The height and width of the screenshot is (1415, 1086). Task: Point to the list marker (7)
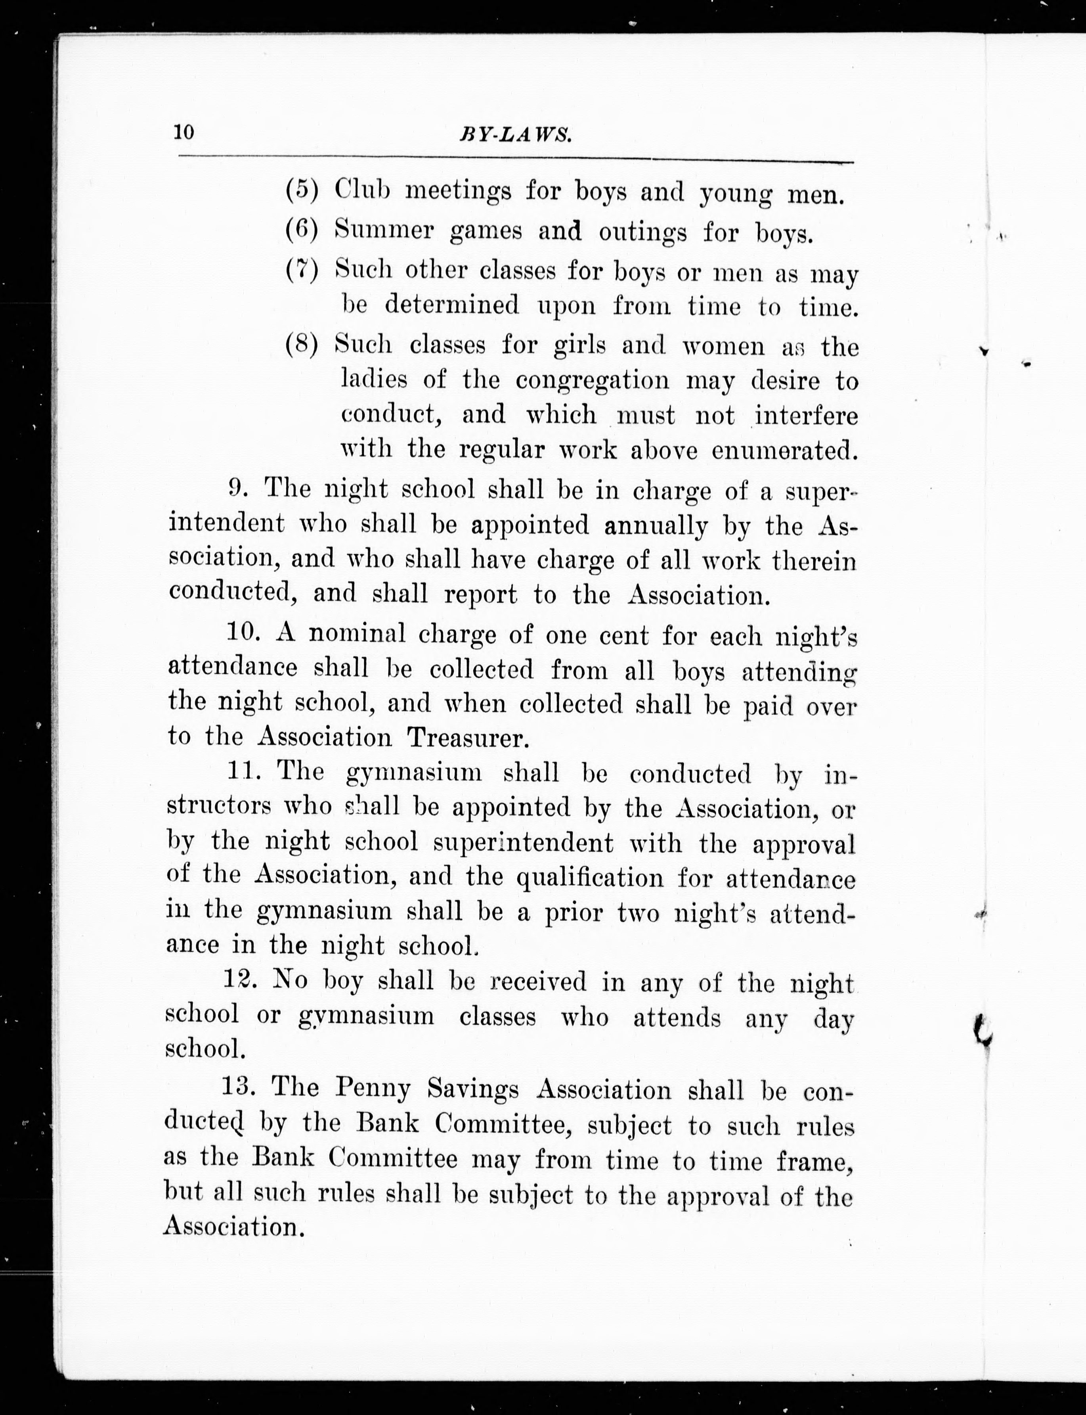[x=302, y=270]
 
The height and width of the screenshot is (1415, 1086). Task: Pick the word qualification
[x=589, y=878]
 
